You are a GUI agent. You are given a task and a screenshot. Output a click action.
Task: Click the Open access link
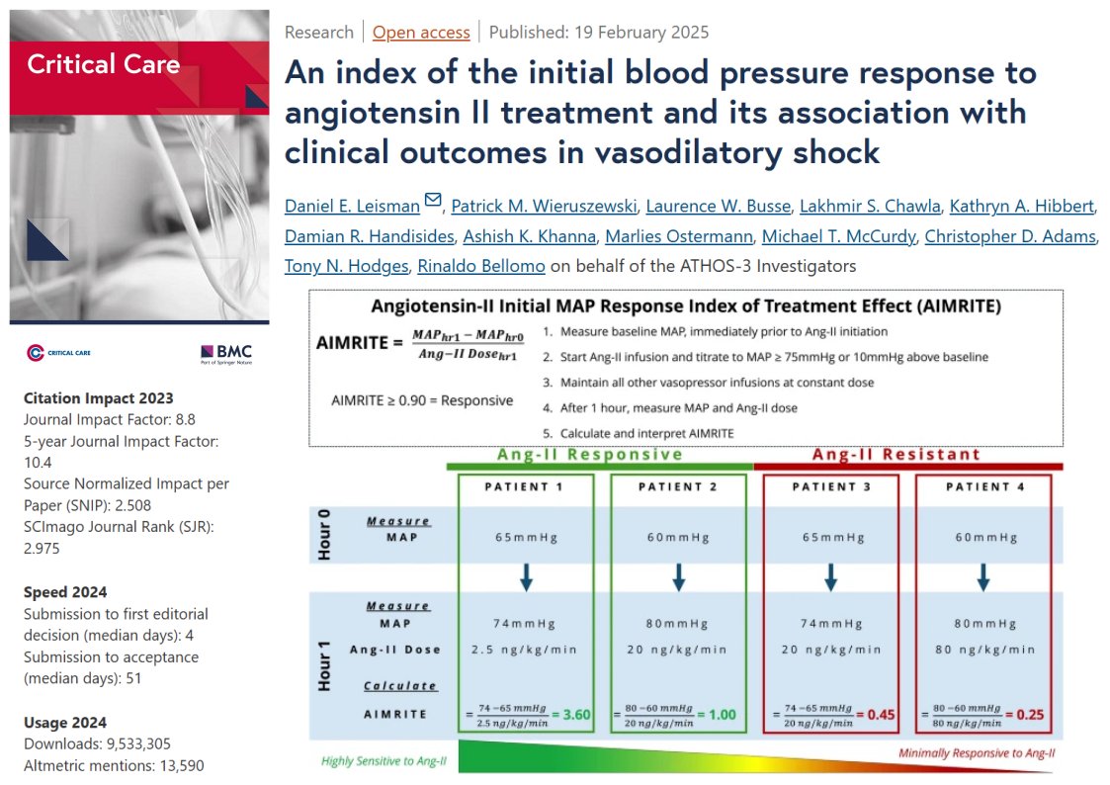[x=421, y=33]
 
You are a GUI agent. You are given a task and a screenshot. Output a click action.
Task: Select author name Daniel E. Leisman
[x=352, y=206]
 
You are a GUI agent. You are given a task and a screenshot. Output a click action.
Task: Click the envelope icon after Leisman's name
[x=432, y=202]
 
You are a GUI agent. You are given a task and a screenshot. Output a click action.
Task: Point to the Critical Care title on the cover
[x=103, y=65]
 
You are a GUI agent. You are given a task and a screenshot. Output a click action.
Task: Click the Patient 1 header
[x=526, y=486]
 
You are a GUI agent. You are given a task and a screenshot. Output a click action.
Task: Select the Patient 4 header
[x=982, y=486]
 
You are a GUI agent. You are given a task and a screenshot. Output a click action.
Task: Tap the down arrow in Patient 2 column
[x=678, y=578]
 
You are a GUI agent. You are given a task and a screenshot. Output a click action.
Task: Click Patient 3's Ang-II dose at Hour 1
[x=830, y=650]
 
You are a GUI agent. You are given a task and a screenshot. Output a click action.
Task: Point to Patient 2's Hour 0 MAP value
[x=678, y=538]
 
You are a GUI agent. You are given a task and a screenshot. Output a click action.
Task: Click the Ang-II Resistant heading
[x=896, y=455]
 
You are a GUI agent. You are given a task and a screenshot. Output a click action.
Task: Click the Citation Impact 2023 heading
[x=98, y=398]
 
